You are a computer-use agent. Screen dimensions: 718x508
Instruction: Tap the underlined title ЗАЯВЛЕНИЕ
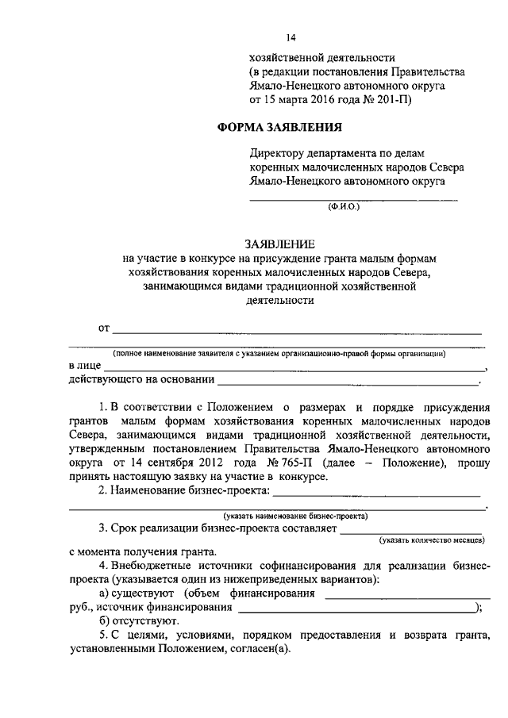point(279,244)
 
